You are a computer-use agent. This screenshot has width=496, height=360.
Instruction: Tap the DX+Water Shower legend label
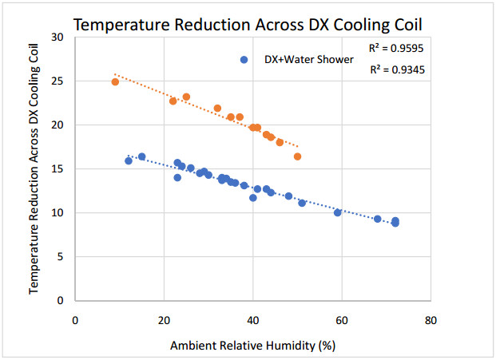pyautogui.click(x=308, y=60)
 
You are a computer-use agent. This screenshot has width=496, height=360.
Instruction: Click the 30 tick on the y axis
pyautogui.click(x=57, y=38)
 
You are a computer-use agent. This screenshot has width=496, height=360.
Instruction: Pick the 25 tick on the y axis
pyautogui.click(x=57, y=81)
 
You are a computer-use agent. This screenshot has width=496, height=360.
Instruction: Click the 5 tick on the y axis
pyautogui.click(x=60, y=257)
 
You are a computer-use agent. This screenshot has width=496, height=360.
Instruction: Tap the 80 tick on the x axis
pyautogui.click(x=431, y=321)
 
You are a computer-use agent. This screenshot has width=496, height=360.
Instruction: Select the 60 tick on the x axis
pyautogui.click(x=342, y=321)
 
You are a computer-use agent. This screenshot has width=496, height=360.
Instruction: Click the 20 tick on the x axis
pyautogui.click(x=164, y=321)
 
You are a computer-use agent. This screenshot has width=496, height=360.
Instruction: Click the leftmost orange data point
pyautogui.click(x=115, y=81)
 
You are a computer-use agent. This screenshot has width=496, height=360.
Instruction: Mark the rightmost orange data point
pyautogui.click(x=298, y=156)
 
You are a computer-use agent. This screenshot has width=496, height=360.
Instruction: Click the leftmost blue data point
pyautogui.click(x=129, y=160)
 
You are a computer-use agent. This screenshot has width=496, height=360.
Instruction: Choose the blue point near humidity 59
pyautogui.click(x=338, y=212)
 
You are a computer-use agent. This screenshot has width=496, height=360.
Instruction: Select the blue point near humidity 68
pyautogui.click(x=378, y=219)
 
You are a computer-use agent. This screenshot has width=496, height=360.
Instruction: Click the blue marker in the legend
pyautogui.click(x=245, y=60)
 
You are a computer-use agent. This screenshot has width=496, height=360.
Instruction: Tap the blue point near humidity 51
pyautogui.click(x=302, y=203)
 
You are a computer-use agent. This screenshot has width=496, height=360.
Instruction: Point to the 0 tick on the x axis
pyautogui.click(x=75, y=321)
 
